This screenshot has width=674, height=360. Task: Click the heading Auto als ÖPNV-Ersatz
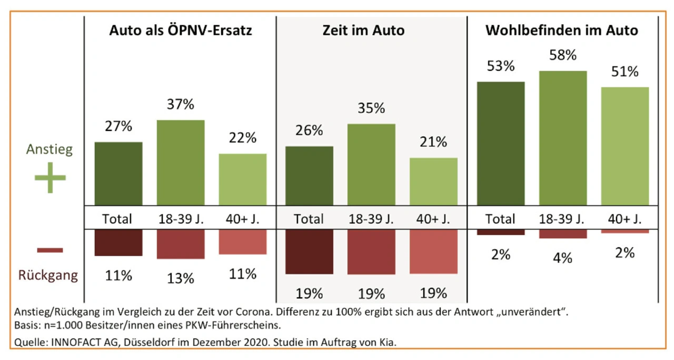pos(181,31)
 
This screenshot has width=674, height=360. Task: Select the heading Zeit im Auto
pos(363,31)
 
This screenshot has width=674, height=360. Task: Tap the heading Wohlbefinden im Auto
pos(561,31)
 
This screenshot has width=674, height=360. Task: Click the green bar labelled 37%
pos(181,163)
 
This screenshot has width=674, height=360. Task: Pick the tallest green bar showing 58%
pos(563,138)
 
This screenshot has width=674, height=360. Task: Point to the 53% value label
pos(501,67)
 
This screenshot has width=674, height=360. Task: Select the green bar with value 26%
pos(309,176)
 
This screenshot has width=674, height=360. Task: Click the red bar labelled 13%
pos(181,244)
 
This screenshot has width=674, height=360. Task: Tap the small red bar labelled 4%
pos(563,234)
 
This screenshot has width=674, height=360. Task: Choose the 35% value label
pos(371,109)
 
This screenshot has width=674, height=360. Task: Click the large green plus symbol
pos(50,178)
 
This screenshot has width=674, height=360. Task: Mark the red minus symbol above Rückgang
pos(50,250)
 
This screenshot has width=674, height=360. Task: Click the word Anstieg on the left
pos(50,149)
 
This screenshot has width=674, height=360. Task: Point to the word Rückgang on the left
pos(48,275)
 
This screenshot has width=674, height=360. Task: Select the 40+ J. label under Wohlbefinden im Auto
pos(625,218)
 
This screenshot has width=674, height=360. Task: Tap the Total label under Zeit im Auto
pos(309,218)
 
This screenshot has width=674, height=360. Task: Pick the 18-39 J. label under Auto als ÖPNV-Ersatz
pos(181,218)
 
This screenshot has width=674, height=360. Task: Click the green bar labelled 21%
pos(433,182)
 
